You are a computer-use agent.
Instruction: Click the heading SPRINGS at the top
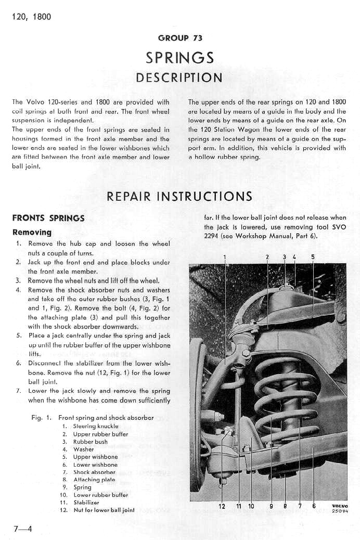point(179,57)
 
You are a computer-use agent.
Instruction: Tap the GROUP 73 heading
point(180,38)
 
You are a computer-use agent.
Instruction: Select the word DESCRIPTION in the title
point(179,78)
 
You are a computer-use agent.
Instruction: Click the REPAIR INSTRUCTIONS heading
point(179,196)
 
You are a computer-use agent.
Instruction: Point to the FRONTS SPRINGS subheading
point(48,218)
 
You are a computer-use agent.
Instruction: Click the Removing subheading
point(32,232)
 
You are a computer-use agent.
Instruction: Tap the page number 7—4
point(23,529)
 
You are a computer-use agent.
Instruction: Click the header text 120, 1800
point(31,17)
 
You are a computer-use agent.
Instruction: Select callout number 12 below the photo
point(222,506)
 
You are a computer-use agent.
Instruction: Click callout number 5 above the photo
point(313,257)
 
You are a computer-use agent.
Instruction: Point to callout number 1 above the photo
point(225,257)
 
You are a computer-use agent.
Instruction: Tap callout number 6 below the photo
point(314,506)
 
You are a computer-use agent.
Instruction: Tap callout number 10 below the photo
point(251,506)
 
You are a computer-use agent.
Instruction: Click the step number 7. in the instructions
point(19,391)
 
